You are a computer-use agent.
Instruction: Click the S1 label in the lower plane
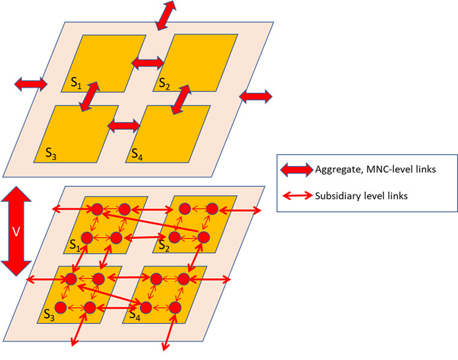pos(74,246)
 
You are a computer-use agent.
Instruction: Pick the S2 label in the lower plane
pos(160,247)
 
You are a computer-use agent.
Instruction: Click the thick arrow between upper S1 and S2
pos(148,63)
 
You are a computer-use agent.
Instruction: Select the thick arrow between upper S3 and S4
pos(124,125)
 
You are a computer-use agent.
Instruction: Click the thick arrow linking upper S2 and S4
pos(181,98)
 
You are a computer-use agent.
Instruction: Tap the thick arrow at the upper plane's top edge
pos(166,15)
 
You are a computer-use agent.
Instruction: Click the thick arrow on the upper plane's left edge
pos(31,84)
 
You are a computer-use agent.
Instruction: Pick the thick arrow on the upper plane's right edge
pos(255,96)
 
